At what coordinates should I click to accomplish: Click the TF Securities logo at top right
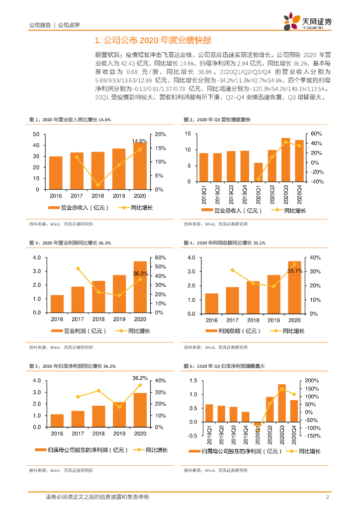click(x=307, y=22)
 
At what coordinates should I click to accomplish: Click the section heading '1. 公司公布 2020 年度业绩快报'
click(x=153, y=40)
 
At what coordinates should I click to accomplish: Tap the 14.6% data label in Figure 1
click(x=140, y=141)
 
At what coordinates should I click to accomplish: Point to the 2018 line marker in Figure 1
click(x=98, y=185)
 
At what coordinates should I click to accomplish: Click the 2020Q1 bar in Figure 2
click(x=258, y=172)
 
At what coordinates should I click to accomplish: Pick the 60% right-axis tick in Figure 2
click(x=317, y=134)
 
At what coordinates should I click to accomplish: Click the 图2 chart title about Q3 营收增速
click(x=217, y=120)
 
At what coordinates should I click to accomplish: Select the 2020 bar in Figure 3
click(x=140, y=287)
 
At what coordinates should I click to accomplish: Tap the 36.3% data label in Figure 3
click(x=140, y=273)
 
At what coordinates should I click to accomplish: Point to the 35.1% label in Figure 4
click(x=295, y=271)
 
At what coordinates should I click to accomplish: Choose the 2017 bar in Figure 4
click(x=232, y=300)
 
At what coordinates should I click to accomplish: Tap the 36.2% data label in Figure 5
click(x=140, y=378)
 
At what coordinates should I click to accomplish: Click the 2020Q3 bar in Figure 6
click(x=282, y=403)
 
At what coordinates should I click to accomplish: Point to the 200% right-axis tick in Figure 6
click(x=318, y=381)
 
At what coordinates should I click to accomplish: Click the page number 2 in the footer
click(x=327, y=497)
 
